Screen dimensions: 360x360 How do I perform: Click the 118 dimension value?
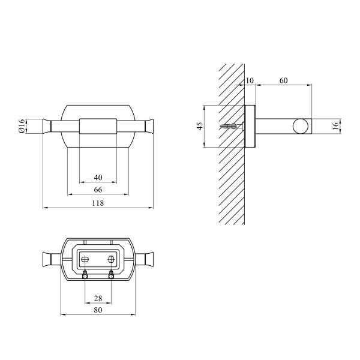pyautogui.click(x=98, y=203)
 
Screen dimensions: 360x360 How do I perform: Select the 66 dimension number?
pyautogui.click(x=98, y=190)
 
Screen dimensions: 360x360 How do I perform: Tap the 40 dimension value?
pyautogui.click(x=98, y=178)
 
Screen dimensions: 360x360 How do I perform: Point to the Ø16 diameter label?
pyautogui.click(x=22, y=126)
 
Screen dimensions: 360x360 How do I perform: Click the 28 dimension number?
pyautogui.click(x=98, y=298)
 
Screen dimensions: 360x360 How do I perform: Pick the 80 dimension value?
pyautogui.click(x=98, y=310)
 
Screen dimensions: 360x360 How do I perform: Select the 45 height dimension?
pyautogui.click(x=200, y=126)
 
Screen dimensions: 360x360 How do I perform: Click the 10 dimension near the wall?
pyautogui.click(x=250, y=80)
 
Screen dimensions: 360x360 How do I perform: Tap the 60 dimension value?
pyautogui.click(x=284, y=80)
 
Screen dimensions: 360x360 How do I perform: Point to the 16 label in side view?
pyautogui.click(x=335, y=126)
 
